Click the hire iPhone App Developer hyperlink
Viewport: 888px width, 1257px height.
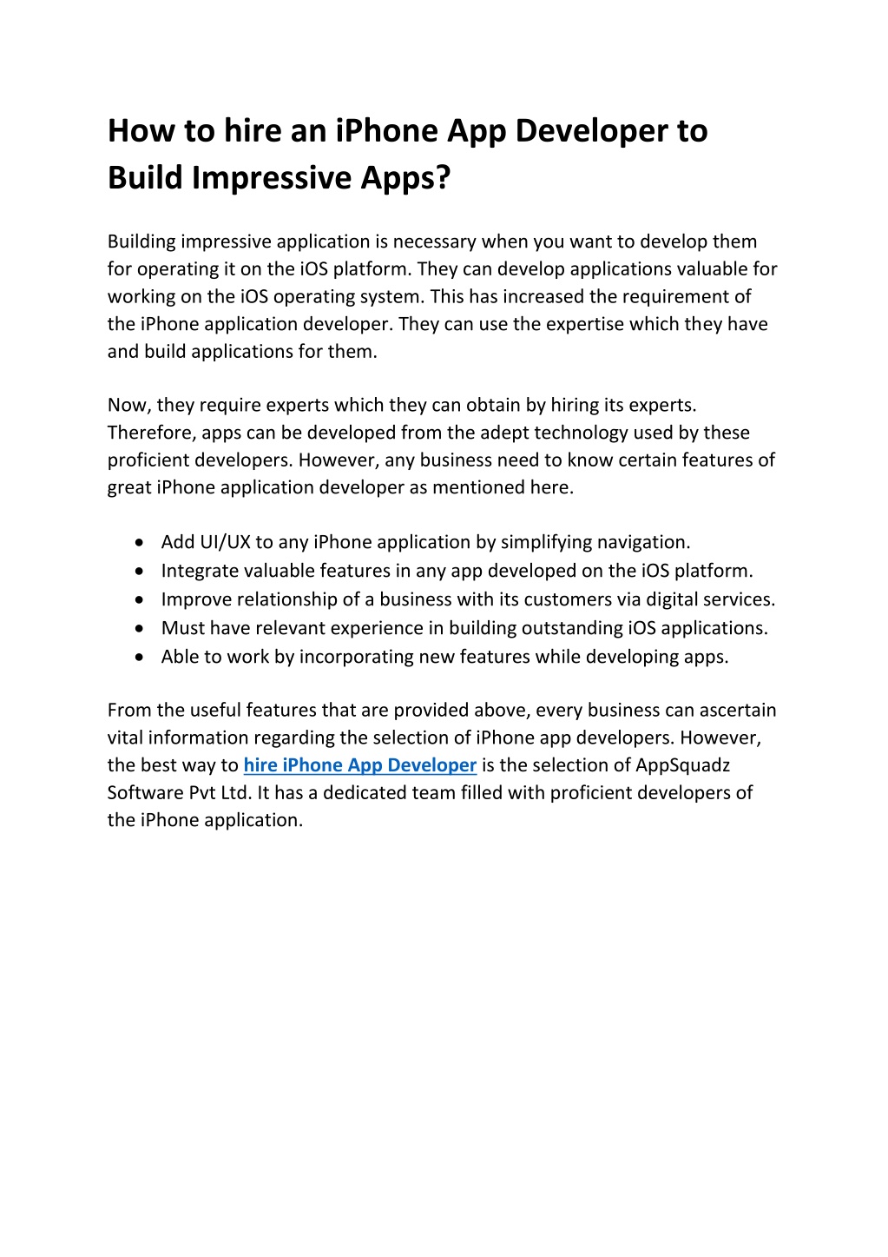360,765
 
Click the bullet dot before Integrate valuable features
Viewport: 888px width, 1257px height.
140,572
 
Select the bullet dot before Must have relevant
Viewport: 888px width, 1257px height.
140,629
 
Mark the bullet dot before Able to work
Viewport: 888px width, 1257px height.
140,658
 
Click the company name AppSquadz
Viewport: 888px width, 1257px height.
683,765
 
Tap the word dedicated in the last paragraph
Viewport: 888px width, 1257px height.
372,793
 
